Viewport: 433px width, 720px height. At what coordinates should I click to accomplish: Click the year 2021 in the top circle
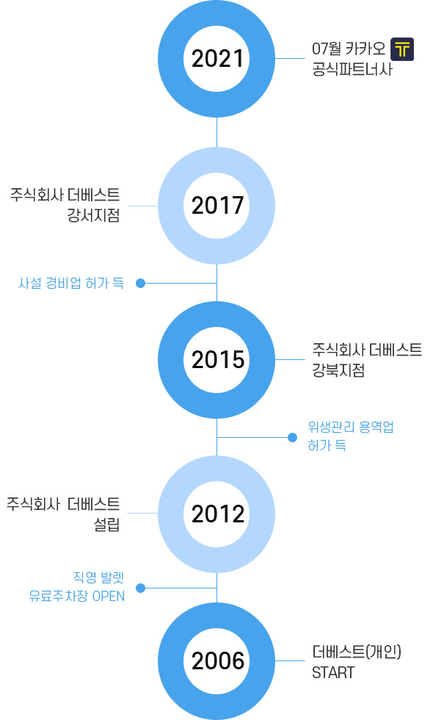(x=217, y=59)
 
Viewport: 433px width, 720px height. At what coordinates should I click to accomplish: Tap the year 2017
(x=217, y=205)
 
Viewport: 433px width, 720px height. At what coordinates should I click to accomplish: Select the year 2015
(x=217, y=359)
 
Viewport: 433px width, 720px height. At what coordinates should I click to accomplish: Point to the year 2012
(x=217, y=514)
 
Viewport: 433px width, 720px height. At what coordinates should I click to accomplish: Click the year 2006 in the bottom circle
(x=217, y=660)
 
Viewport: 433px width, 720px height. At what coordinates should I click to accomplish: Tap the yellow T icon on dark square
(x=402, y=49)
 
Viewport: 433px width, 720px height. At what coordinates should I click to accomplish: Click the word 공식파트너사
(x=352, y=69)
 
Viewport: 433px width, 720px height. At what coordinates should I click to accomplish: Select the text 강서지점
(x=94, y=215)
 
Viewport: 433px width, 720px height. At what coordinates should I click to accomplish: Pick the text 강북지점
(x=338, y=370)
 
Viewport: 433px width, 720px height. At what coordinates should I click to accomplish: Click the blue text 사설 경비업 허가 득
(x=71, y=283)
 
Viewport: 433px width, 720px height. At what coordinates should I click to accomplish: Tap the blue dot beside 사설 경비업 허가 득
(x=141, y=284)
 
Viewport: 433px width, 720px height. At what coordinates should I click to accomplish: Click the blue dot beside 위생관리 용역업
(x=292, y=438)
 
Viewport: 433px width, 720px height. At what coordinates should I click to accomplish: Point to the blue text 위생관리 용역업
(x=351, y=428)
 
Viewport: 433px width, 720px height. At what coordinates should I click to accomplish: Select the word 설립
(x=107, y=524)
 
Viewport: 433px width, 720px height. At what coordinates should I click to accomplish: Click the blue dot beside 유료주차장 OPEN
(x=141, y=588)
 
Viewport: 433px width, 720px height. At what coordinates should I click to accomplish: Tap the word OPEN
(x=109, y=596)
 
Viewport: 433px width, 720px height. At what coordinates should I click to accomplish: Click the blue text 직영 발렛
(x=98, y=577)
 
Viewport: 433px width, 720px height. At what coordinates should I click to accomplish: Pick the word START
(x=333, y=673)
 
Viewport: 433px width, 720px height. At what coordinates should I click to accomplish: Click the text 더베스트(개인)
(x=357, y=652)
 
